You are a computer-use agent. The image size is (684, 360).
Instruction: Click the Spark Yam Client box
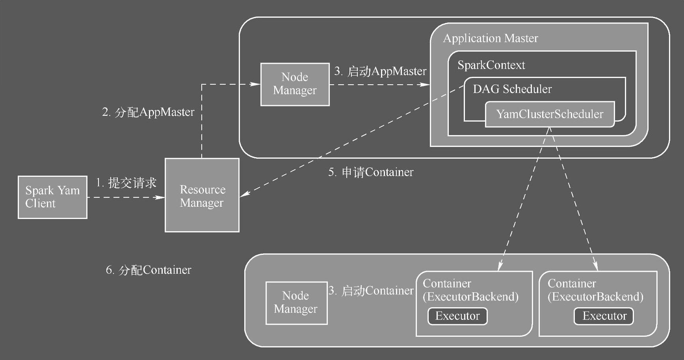coord(52,197)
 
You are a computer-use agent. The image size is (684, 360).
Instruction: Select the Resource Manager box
coord(202,195)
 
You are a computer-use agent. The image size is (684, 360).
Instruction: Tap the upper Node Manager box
coord(295,84)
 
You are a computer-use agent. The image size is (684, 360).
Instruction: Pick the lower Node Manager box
coord(296,302)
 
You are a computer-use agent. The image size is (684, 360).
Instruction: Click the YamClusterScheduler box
coord(550,114)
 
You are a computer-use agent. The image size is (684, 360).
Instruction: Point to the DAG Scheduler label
coord(512,89)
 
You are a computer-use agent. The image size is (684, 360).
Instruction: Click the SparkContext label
coord(491,65)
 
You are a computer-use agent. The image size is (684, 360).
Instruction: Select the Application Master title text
coord(491,38)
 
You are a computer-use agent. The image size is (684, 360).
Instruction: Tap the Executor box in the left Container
coord(457,316)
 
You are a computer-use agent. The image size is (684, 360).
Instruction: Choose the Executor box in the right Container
coord(604,316)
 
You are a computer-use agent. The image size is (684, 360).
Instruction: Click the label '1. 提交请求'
coord(126,183)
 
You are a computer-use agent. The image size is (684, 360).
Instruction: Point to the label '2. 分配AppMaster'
coord(148,112)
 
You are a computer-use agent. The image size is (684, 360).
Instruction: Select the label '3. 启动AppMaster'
coord(380,71)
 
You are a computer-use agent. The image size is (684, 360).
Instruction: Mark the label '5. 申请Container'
coord(371,172)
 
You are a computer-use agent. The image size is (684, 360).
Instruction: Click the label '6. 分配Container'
coord(149,270)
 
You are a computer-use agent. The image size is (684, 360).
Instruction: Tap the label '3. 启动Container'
coord(371,291)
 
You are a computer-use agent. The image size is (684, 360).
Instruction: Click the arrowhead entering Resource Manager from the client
coord(160,197)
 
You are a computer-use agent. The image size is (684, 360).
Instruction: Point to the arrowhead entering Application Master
coord(425,84)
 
